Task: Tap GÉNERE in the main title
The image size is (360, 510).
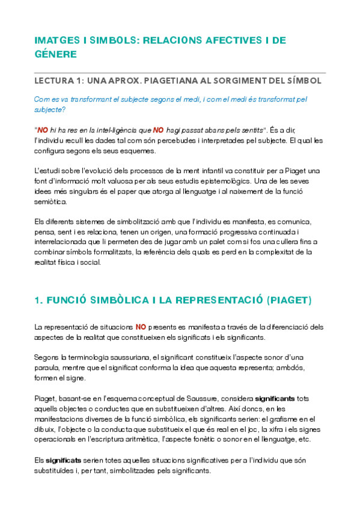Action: (56, 54)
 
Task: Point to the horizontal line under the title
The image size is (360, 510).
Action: (180, 70)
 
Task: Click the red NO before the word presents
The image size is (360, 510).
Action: (141, 327)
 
